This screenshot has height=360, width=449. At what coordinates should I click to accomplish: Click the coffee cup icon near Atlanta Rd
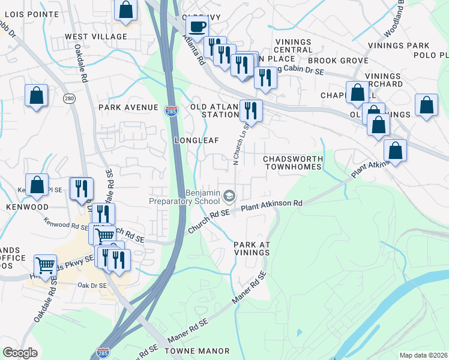click(197, 27)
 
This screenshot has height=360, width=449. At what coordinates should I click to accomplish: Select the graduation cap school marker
click(229, 196)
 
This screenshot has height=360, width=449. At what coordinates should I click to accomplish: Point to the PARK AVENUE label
click(127, 107)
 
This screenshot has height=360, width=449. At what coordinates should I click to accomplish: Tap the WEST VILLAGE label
click(96, 37)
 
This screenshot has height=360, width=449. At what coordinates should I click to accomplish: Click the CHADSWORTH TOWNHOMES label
click(292, 162)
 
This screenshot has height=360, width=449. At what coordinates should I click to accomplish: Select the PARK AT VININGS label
click(252, 249)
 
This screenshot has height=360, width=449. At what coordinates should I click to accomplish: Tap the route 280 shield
click(70, 98)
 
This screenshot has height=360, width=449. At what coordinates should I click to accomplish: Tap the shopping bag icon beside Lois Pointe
click(125, 10)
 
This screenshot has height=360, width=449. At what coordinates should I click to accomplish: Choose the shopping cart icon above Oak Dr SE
click(46, 265)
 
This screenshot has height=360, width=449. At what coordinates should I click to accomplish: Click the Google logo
click(20, 353)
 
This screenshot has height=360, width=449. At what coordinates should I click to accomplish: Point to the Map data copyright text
click(423, 355)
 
